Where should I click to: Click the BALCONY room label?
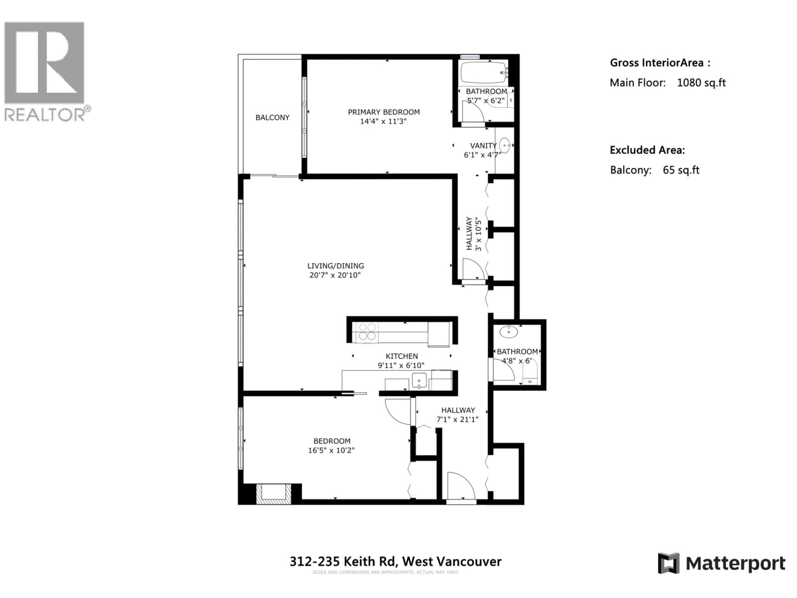272,118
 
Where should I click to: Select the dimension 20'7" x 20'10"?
335,275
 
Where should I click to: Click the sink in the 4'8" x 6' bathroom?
508,332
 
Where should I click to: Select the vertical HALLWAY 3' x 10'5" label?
473,234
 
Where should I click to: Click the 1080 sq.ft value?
701,83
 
